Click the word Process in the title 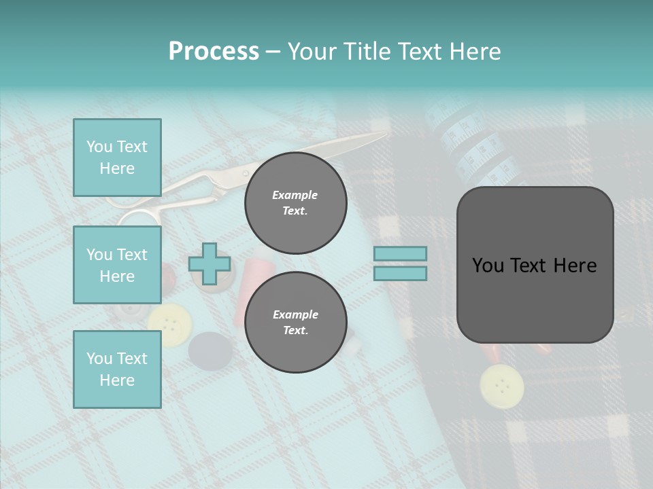click(214, 52)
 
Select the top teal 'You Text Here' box click(117, 158)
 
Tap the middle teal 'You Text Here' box click(117, 265)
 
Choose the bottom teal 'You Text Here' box click(117, 369)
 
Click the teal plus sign click(210, 264)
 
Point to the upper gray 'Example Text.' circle click(295, 202)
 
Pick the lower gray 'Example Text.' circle click(295, 322)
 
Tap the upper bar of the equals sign click(400, 254)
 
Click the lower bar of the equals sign click(400, 274)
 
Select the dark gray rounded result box click(535, 265)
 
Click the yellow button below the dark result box click(501, 385)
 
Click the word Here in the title click(475, 52)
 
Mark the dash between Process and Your click(273, 52)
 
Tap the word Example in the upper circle click(295, 195)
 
